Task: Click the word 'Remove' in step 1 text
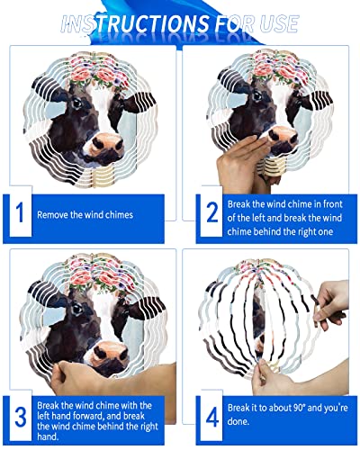point(52,216)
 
